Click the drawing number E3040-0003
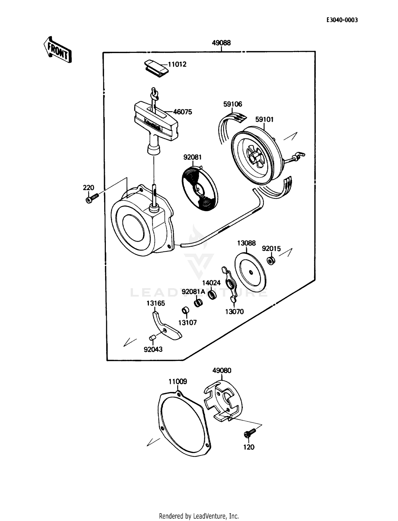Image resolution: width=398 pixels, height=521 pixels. point(342,20)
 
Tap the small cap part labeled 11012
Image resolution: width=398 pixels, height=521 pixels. point(156,68)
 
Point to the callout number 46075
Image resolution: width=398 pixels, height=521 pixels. point(182,112)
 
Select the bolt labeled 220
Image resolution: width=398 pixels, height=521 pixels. point(92,198)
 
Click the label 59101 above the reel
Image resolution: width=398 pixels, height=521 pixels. point(264,119)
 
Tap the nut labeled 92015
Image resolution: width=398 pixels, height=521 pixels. point(271,260)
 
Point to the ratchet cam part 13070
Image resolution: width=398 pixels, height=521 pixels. point(230,286)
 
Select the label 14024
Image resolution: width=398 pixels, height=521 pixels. point(211,283)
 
